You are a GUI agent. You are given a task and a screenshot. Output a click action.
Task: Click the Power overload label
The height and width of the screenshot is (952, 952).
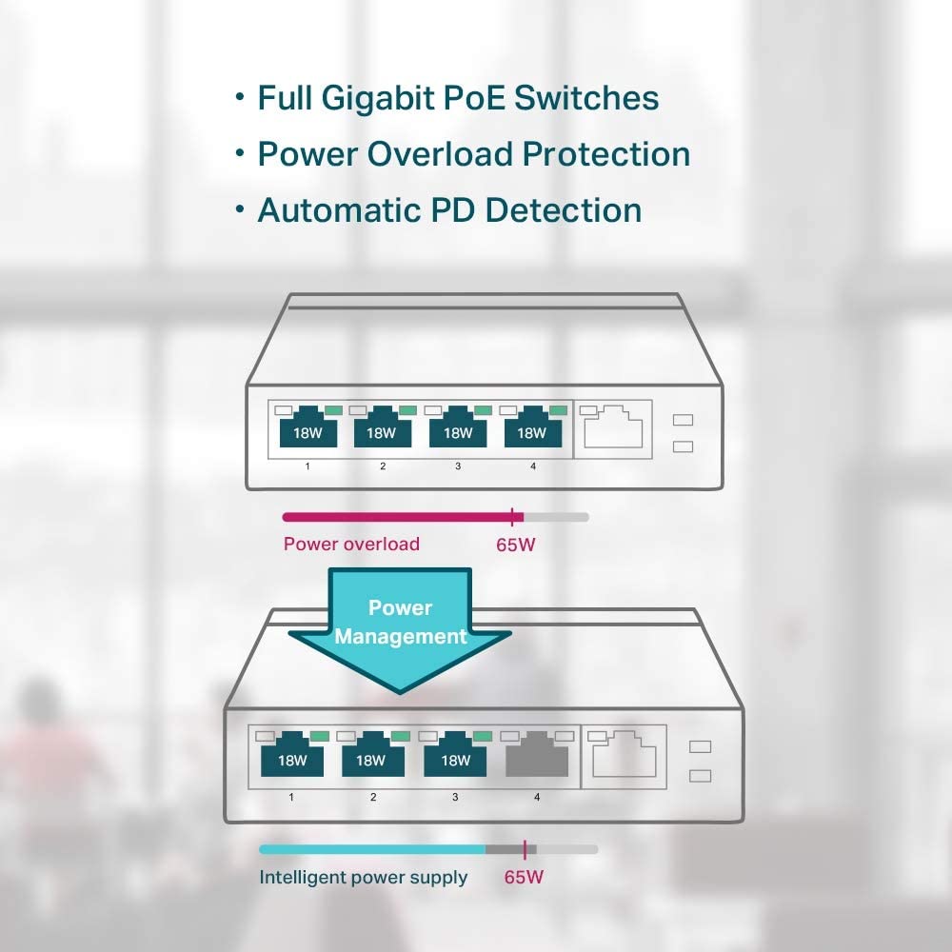351,545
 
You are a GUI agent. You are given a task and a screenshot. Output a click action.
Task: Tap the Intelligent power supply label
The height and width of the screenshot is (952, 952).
364,877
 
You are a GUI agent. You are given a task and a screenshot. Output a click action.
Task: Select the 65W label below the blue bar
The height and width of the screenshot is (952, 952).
524,877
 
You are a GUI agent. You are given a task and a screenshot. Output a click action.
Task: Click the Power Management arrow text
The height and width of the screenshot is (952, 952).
400,622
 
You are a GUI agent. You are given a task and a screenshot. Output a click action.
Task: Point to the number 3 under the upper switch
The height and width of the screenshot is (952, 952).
458,466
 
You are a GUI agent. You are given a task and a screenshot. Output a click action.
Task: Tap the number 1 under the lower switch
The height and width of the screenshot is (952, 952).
291,796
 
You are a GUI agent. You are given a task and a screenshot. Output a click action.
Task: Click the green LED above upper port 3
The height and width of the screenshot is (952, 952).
483,409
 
